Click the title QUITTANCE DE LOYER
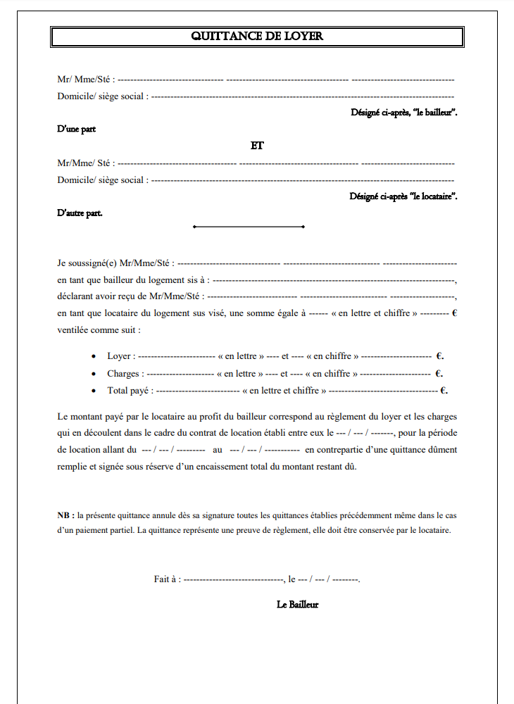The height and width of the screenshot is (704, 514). coord(257,37)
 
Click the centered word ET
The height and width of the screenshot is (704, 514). coord(257,146)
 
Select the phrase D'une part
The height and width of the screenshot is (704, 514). coord(76,129)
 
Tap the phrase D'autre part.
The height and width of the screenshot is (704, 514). coord(80,213)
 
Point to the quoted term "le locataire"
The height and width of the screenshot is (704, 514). coord(431,196)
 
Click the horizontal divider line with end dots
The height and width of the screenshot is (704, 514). coord(249,227)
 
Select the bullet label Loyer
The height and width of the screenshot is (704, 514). coord(119,356)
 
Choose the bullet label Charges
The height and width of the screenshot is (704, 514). coord(123,374)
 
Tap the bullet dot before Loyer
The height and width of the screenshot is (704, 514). coord(94,357)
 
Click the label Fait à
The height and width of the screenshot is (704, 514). coord(167,579)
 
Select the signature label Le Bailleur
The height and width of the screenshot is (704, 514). coord(298,605)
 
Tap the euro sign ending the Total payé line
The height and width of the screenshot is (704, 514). coord(443,391)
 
